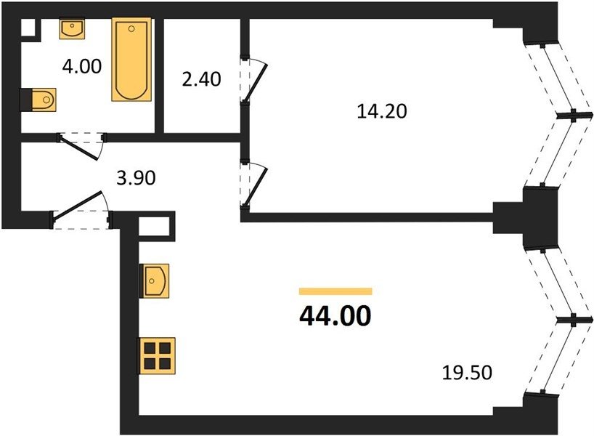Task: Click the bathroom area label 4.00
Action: click(82, 66)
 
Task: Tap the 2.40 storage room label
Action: click(201, 80)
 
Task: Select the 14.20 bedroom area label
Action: click(382, 111)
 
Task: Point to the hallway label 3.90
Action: click(136, 178)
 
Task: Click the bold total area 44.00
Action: click(335, 316)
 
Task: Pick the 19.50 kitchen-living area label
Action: click(467, 373)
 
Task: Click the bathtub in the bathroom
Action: click(131, 59)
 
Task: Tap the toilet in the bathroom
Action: click(38, 100)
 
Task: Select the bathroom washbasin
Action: click(72, 29)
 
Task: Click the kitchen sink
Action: click(154, 281)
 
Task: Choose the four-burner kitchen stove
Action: click(156, 355)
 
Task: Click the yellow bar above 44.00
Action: click(335, 291)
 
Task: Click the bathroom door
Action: click(81, 145)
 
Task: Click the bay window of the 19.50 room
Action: click(558, 320)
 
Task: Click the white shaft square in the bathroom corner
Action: click(28, 28)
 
